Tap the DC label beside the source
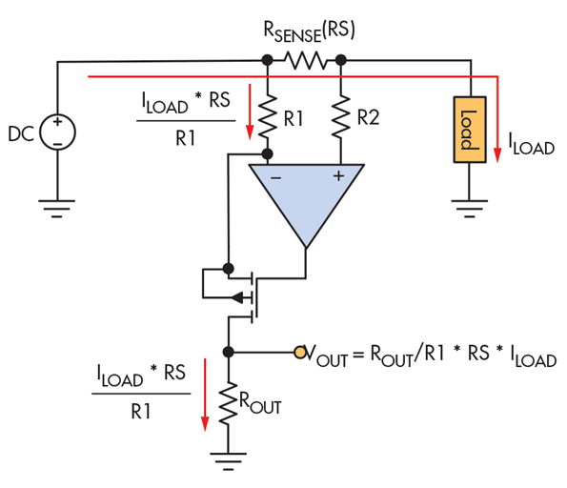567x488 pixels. click(21, 134)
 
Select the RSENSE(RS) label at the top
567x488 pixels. click(309, 30)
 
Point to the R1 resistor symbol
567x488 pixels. click(268, 115)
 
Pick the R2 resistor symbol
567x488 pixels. click(340, 115)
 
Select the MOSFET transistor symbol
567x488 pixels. click(238, 291)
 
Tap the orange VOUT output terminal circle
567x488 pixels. click(300, 353)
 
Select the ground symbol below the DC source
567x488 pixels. click(58, 204)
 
